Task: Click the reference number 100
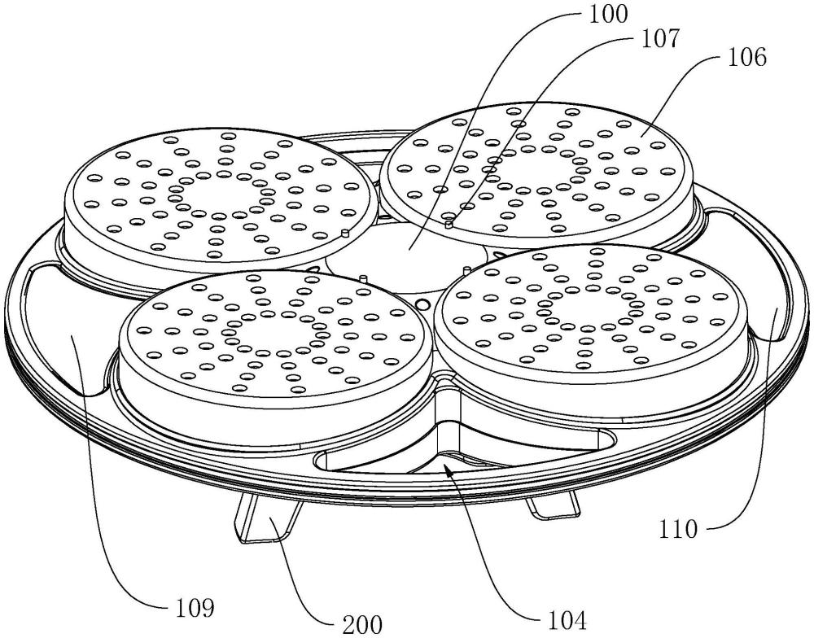(607, 14)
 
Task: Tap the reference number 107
(659, 39)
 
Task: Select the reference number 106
(746, 57)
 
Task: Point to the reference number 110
(678, 530)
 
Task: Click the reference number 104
(567, 619)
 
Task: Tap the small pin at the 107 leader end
(449, 224)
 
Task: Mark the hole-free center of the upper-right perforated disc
(540, 168)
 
